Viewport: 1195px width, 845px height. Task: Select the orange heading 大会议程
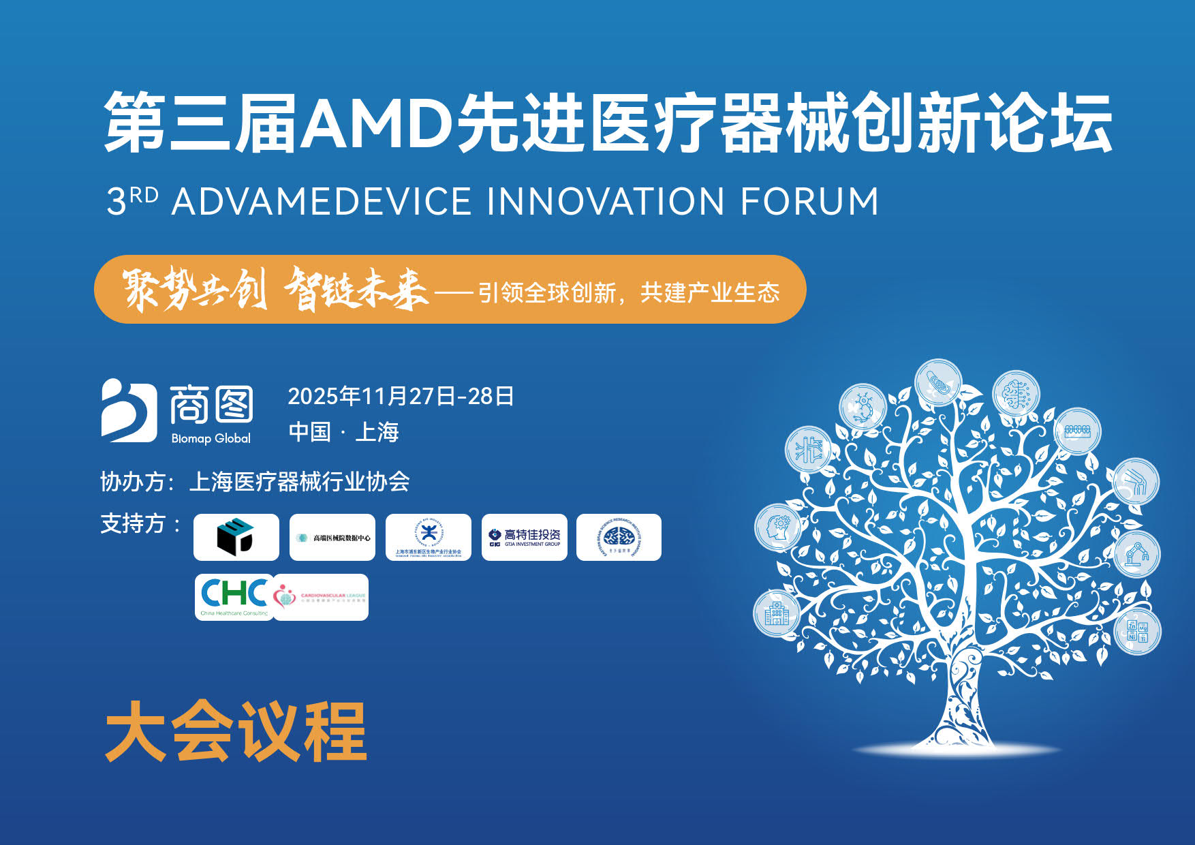(x=236, y=732)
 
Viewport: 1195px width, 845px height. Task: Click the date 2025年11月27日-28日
(x=401, y=396)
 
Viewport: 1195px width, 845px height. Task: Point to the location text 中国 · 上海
(x=343, y=432)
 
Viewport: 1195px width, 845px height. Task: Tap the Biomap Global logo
(x=177, y=412)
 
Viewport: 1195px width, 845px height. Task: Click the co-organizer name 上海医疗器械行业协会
(x=299, y=482)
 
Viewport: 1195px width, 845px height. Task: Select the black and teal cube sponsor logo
(x=236, y=537)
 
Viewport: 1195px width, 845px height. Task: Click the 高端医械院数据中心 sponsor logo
(x=332, y=538)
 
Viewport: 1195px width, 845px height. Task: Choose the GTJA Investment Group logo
(x=524, y=538)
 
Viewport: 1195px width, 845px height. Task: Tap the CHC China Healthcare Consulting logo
(x=234, y=596)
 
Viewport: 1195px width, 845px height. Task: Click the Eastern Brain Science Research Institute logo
(x=619, y=538)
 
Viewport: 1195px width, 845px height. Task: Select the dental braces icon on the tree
(x=1077, y=431)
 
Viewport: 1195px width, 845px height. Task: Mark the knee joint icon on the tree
(x=1136, y=482)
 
